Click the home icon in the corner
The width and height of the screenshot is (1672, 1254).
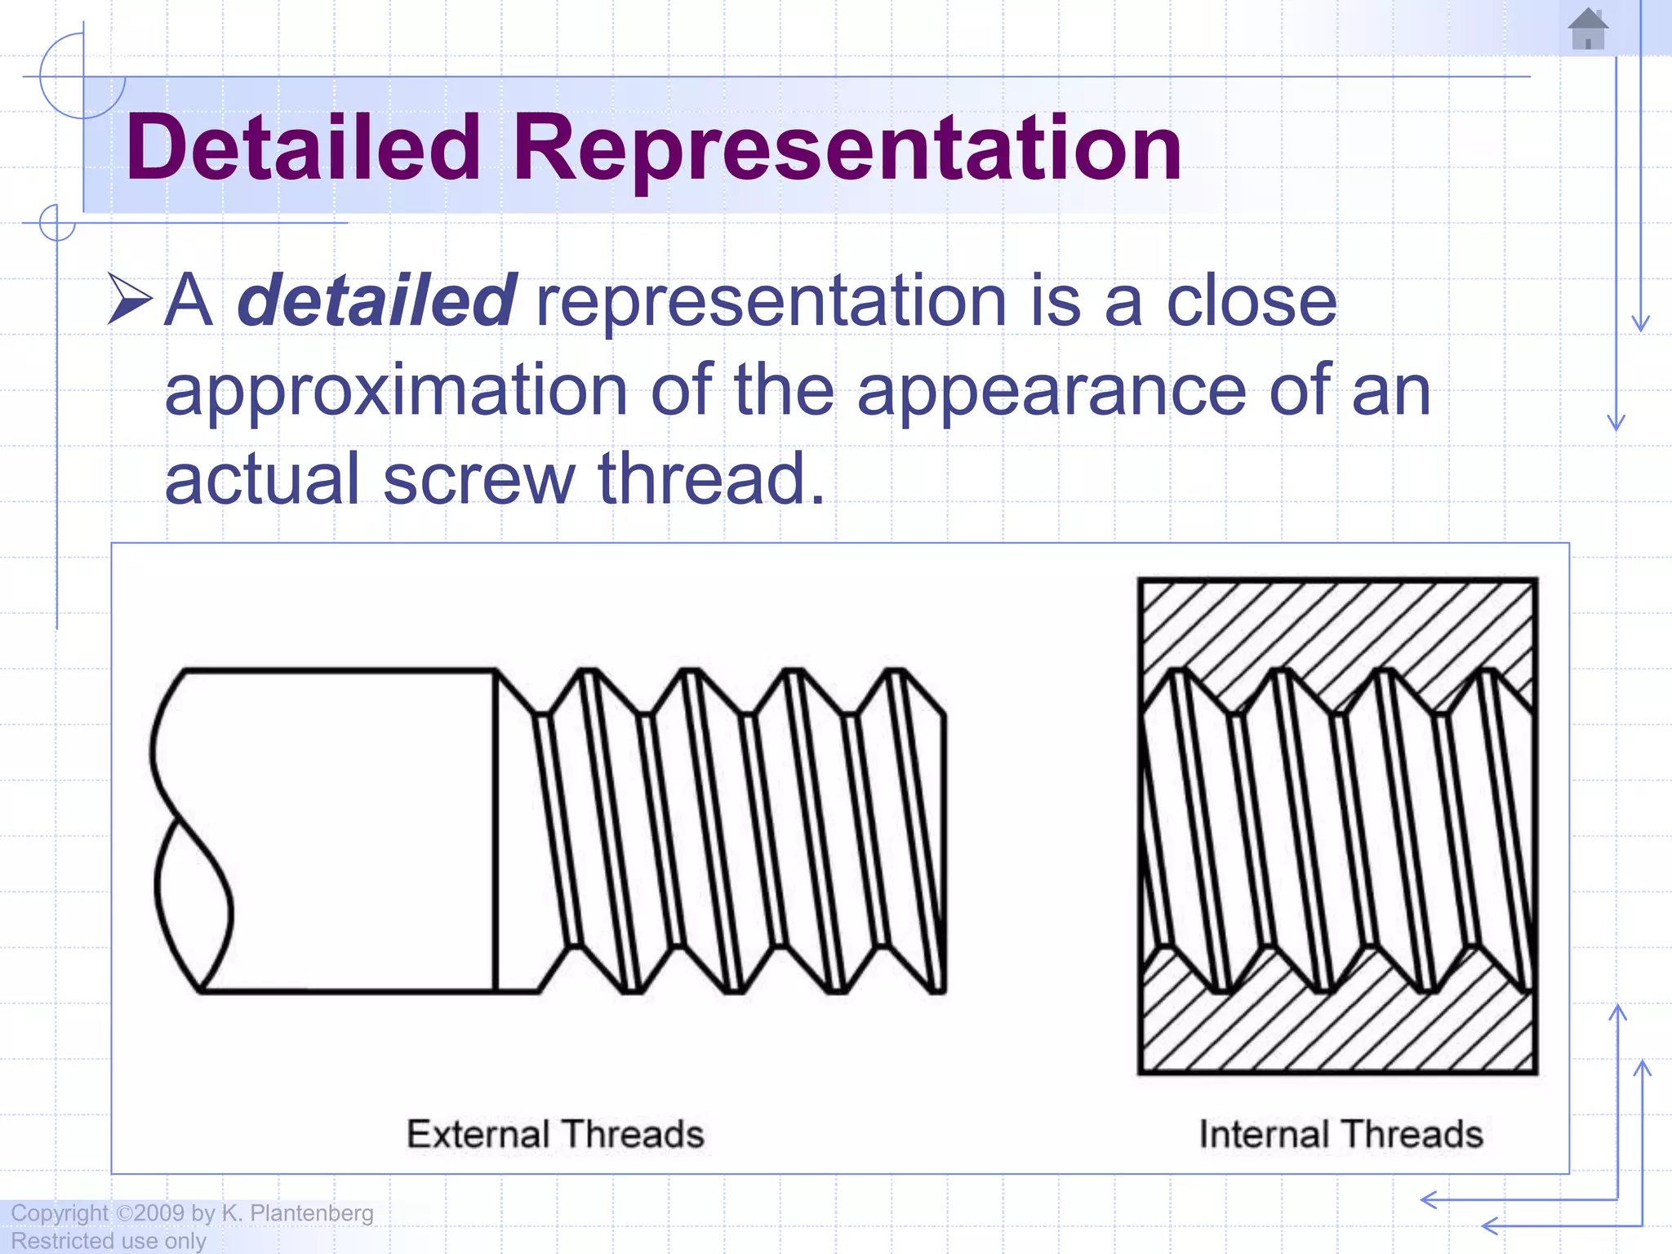(x=1587, y=29)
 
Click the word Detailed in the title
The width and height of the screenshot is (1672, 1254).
(x=303, y=148)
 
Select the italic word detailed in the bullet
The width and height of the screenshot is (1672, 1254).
(x=376, y=300)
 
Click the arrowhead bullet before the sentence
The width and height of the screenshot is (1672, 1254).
(x=130, y=300)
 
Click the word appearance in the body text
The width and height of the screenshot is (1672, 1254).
(x=1052, y=390)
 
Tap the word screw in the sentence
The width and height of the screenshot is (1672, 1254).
(x=479, y=479)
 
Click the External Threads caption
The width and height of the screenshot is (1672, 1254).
(x=555, y=1134)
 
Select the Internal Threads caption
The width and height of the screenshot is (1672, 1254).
(x=1341, y=1134)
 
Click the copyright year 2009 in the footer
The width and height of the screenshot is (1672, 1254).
(x=159, y=1213)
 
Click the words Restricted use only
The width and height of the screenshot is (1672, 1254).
(x=108, y=1241)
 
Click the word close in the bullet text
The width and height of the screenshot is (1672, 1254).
(x=1251, y=300)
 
